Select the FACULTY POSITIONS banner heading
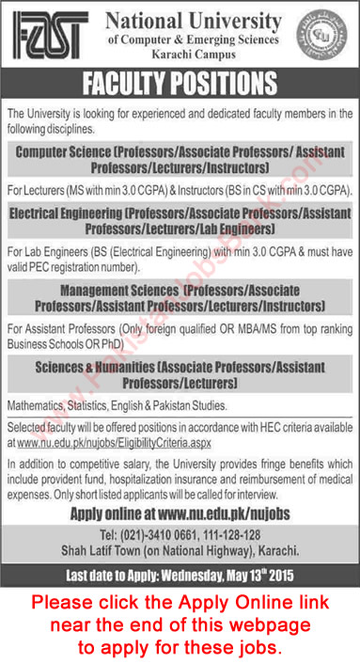point(180,88)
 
